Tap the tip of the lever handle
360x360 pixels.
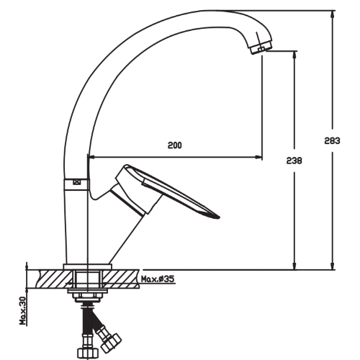click(216, 214)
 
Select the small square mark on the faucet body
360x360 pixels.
click(77, 183)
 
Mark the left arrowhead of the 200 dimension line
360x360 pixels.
click(91, 156)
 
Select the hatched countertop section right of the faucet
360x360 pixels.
click(122, 276)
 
